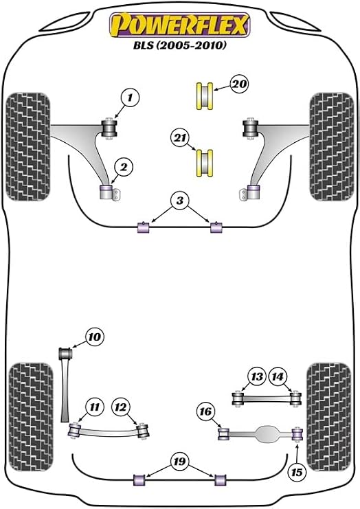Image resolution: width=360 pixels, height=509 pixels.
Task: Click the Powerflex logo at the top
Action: (x=180, y=25)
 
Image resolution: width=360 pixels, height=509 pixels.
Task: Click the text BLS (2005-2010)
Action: (x=179, y=45)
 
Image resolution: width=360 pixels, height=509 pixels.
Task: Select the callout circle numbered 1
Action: (x=130, y=97)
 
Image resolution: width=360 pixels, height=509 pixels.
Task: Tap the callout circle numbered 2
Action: (x=124, y=167)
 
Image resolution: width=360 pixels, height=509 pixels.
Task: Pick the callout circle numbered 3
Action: (x=179, y=201)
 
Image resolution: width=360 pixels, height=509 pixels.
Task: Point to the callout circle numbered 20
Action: (x=239, y=84)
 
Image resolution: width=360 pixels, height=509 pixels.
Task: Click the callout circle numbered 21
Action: (x=180, y=138)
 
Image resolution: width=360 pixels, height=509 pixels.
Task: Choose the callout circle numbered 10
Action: (x=94, y=337)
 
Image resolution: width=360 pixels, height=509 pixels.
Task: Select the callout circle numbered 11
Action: (x=94, y=407)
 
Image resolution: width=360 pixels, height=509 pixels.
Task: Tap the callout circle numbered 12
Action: (x=120, y=407)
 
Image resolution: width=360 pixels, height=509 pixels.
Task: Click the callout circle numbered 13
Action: (x=257, y=376)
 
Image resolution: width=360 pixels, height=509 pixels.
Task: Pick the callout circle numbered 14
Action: (x=278, y=376)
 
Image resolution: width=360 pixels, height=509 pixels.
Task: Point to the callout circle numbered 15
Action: (x=297, y=473)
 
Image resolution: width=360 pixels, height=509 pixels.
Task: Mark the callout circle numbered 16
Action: (x=205, y=411)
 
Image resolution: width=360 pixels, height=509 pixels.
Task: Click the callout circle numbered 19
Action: (x=179, y=462)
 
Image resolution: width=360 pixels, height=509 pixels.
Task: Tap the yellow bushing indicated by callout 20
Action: (x=205, y=96)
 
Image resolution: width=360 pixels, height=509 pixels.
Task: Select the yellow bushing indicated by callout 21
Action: (x=205, y=163)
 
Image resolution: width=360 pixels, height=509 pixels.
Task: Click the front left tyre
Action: (x=28, y=147)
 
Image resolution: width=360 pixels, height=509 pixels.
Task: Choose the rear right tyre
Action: (x=329, y=418)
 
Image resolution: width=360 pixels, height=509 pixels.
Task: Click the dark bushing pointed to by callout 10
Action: (x=65, y=354)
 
